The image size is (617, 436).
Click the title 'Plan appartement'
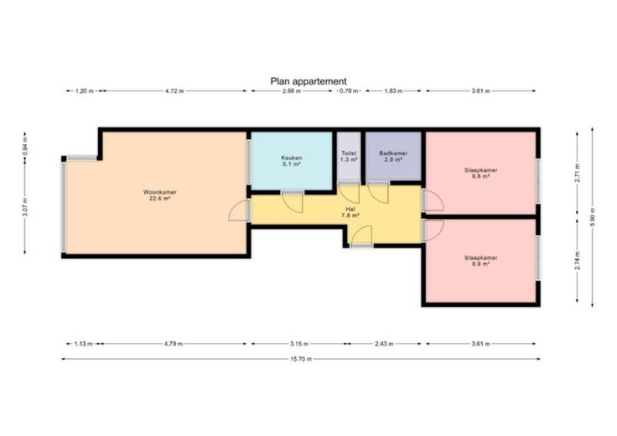point(308,81)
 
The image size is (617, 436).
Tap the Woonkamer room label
point(160,195)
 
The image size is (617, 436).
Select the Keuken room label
point(291,161)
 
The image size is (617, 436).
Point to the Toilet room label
point(349,156)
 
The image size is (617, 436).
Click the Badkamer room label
point(393,156)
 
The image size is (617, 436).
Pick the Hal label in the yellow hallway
point(350,212)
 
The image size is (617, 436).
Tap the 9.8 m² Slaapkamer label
point(480,174)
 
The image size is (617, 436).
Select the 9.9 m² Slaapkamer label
point(480,261)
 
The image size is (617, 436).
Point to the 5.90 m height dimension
point(593,217)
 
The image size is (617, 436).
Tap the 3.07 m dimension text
point(25,207)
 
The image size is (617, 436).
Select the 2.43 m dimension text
point(384,344)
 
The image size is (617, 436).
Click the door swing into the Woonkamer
point(238,210)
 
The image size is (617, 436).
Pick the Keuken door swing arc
point(293,202)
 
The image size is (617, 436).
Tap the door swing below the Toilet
point(349,194)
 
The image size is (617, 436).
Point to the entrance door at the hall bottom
point(361,236)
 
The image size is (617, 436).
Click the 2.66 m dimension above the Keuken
point(293,91)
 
